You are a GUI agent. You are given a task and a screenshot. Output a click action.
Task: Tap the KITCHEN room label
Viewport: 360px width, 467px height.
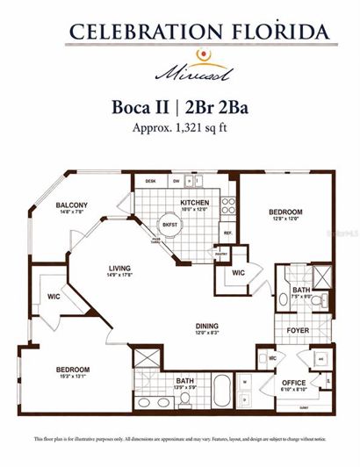tap(194, 202)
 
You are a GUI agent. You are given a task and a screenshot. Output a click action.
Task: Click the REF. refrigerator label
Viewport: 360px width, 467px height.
tap(227, 233)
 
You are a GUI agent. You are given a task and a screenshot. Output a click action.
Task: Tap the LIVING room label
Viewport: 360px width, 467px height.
tap(119, 269)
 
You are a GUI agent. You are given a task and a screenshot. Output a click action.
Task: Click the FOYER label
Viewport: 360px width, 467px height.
tap(298, 330)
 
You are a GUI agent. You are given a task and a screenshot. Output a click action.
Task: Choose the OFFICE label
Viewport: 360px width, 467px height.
tap(293, 383)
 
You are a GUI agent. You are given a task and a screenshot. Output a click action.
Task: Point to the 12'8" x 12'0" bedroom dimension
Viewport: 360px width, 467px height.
tap(286, 219)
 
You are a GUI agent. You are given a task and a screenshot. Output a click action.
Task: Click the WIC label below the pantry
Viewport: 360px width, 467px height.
tap(238, 273)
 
